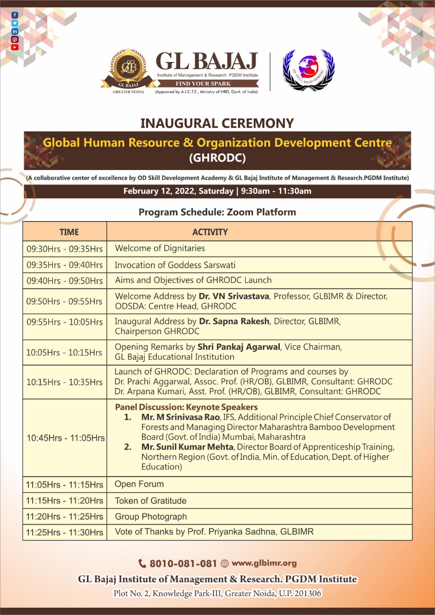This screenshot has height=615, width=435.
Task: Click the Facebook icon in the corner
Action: (15, 15)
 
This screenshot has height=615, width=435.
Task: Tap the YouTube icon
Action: (15, 47)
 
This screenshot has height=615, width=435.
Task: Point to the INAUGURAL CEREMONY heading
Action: (217, 123)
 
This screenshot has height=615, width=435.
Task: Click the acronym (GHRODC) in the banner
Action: (217, 158)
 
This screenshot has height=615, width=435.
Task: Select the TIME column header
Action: (69, 232)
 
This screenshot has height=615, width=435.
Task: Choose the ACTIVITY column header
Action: (210, 232)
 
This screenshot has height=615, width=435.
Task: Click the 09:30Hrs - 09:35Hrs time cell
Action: (64, 249)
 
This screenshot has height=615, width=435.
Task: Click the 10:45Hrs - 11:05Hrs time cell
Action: (65, 438)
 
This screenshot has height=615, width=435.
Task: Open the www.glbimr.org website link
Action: (264, 563)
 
